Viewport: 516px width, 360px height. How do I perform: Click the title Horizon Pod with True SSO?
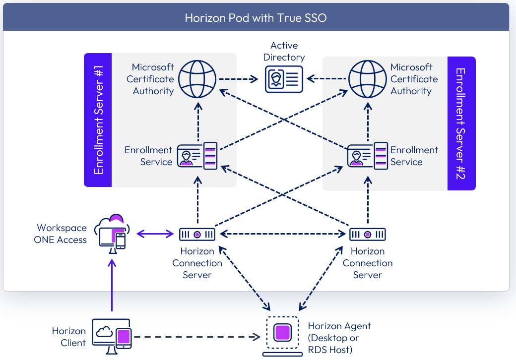click(256, 18)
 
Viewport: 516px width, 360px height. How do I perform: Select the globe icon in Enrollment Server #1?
click(197, 79)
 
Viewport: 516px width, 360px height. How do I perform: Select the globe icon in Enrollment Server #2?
click(368, 79)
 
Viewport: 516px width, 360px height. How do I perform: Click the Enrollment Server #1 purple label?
click(98, 120)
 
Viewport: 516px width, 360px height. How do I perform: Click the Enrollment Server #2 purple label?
click(461, 123)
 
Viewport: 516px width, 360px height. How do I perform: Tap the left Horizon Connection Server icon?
click(197, 234)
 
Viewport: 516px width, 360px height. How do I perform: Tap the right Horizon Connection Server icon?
click(368, 234)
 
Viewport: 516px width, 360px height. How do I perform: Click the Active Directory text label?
click(284, 52)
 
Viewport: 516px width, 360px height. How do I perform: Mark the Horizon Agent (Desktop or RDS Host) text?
click(339, 338)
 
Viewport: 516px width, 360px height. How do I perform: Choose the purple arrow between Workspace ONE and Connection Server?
click(155, 234)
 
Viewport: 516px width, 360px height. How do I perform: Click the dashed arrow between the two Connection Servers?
click(282, 234)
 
